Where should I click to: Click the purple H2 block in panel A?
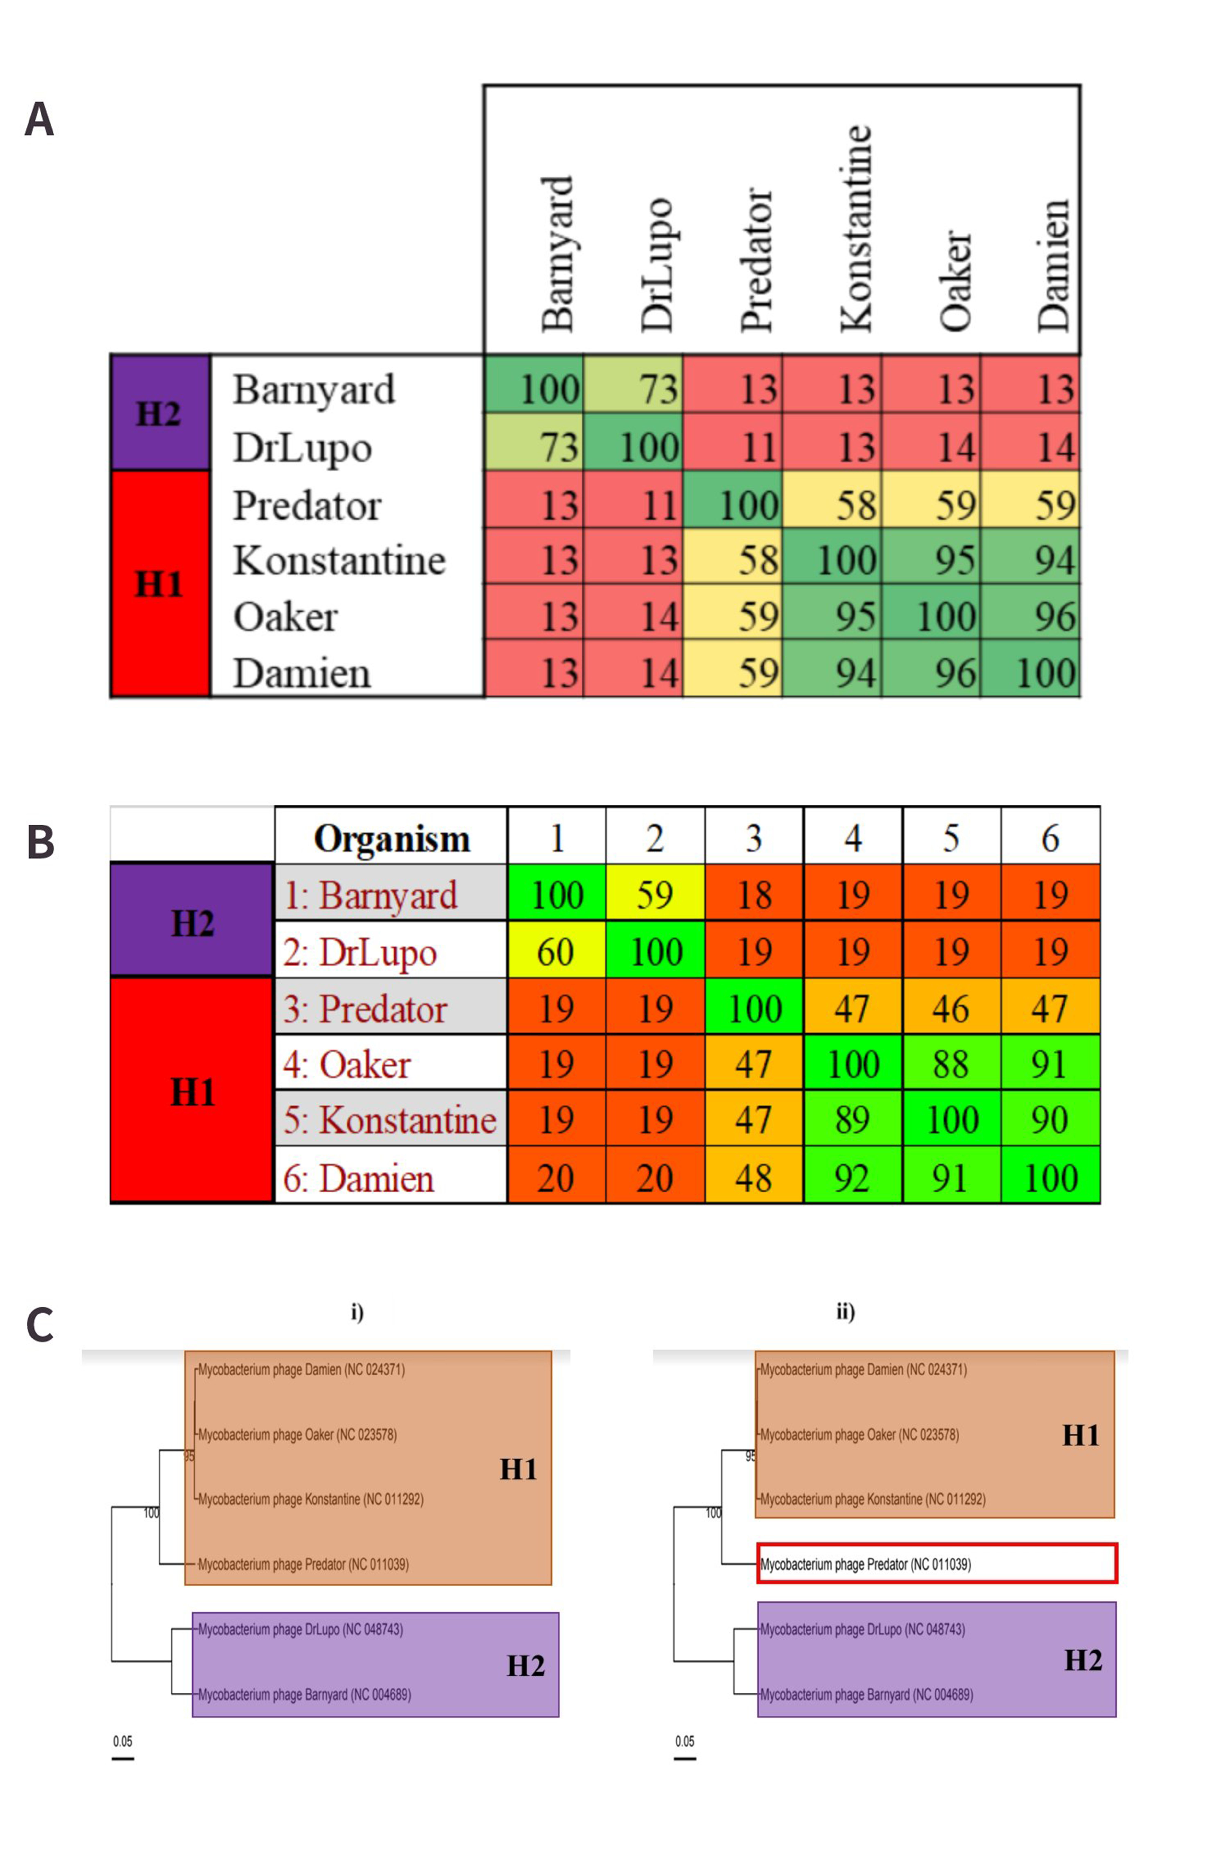tap(160, 412)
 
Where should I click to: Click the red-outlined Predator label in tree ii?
tap(936, 1564)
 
